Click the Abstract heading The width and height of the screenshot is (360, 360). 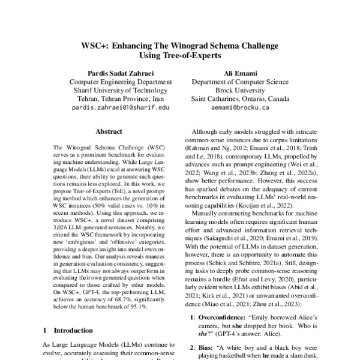click(x=110, y=130)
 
